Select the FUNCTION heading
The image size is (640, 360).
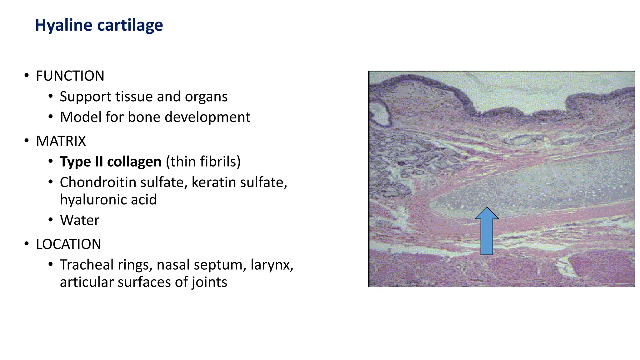pyautogui.click(x=70, y=76)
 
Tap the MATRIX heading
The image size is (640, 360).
pyautogui.click(x=61, y=141)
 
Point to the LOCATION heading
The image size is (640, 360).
pyautogui.click(x=68, y=244)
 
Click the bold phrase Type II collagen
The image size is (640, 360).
pyautogui.click(x=111, y=162)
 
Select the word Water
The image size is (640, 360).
pyautogui.click(x=80, y=220)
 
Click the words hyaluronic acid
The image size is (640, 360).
pyautogui.click(x=108, y=200)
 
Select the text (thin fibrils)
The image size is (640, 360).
pyautogui.click(x=203, y=162)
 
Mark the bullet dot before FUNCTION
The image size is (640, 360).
pyautogui.click(x=27, y=76)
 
